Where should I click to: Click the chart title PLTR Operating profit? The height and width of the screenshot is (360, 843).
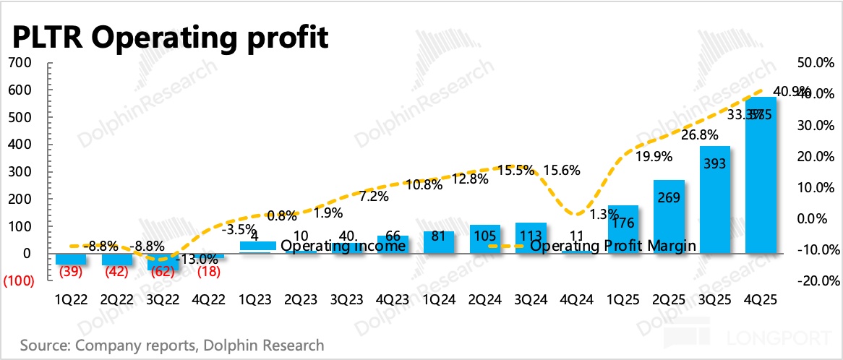coord(168,36)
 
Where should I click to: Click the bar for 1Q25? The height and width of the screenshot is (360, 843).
coord(622,230)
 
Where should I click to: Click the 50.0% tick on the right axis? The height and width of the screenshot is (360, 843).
coord(813,63)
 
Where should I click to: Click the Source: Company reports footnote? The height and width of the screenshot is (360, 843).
coord(172,345)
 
